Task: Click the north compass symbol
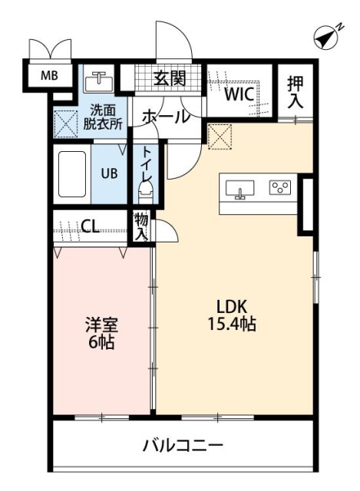click(328, 35)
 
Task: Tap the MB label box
click(49, 75)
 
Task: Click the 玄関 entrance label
click(169, 77)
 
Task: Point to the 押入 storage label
click(296, 92)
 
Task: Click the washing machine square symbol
click(64, 121)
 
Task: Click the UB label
click(110, 173)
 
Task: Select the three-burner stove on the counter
click(279, 186)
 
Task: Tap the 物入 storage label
click(141, 226)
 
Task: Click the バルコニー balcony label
click(183, 445)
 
